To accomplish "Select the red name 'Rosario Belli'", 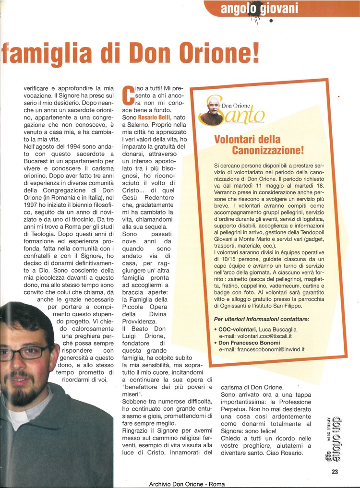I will coord(155,117).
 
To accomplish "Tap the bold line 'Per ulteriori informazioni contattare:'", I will coord(261,319).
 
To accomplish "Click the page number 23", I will coord(335,472).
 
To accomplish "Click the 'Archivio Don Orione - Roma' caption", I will coord(187,484).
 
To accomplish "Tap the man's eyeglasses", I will coord(22,352).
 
